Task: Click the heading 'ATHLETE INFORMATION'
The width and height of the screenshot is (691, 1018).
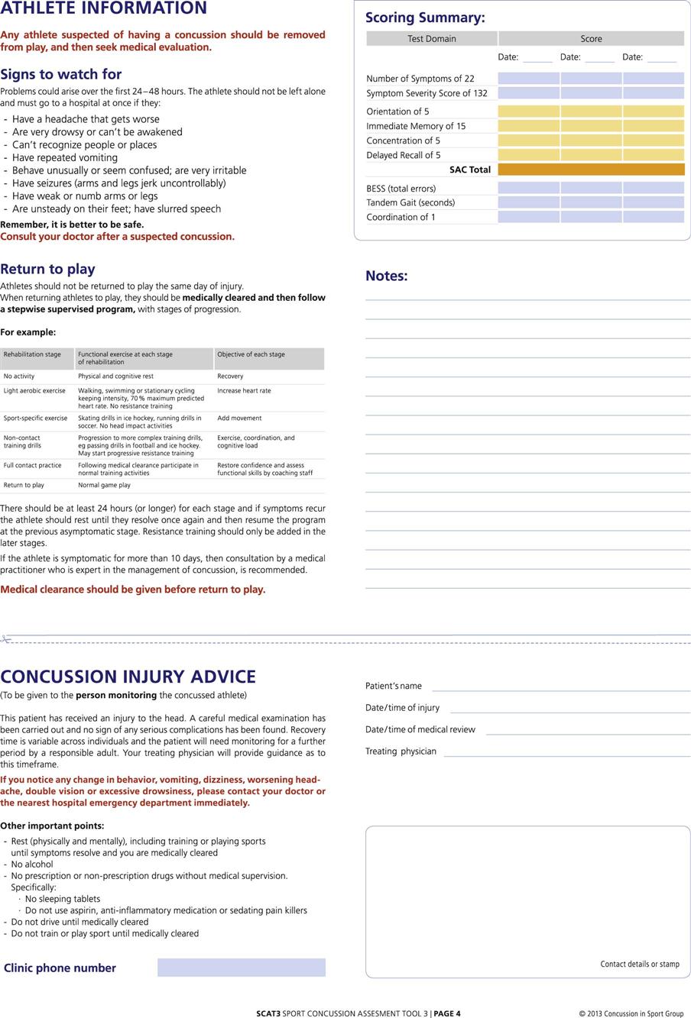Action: click(103, 8)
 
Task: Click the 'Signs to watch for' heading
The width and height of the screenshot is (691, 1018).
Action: click(61, 74)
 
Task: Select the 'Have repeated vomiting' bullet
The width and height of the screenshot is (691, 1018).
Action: click(65, 157)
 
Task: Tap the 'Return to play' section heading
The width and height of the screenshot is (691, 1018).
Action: click(47, 269)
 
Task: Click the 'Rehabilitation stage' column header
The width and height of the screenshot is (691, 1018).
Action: click(32, 354)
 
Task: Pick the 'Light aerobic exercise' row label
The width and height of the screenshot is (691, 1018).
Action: click(34, 391)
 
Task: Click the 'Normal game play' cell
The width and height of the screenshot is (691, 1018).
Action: click(104, 485)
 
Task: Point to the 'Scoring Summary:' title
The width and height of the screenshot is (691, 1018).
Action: click(425, 18)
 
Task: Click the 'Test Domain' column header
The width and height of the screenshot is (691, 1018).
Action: click(432, 39)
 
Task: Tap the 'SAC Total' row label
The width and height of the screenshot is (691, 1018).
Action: click(470, 170)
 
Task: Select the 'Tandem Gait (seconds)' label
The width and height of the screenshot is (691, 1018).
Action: click(410, 202)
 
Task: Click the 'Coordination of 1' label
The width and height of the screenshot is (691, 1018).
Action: click(401, 217)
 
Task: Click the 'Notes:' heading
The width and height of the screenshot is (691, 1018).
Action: click(387, 276)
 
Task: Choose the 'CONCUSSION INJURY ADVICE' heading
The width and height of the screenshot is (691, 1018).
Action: click(128, 677)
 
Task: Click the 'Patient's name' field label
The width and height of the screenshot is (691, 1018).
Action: click(394, 686)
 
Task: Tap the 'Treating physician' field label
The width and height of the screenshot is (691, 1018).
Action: click(401, 751)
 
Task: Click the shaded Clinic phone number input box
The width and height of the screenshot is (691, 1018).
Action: click(242, 968)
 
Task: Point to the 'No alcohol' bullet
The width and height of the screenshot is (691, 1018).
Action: click(32, 864)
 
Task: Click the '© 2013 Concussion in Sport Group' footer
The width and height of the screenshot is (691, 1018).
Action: click(631, 1013)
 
